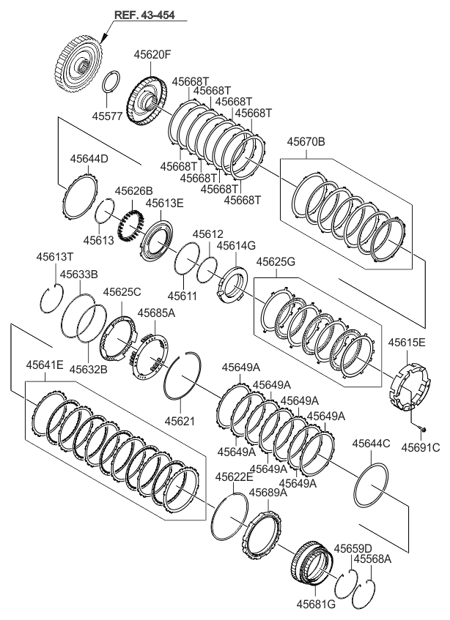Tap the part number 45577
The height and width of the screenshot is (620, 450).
109,115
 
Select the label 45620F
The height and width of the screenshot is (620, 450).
152,53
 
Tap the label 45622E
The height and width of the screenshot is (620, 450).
234,477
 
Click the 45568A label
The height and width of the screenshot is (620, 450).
372,559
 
